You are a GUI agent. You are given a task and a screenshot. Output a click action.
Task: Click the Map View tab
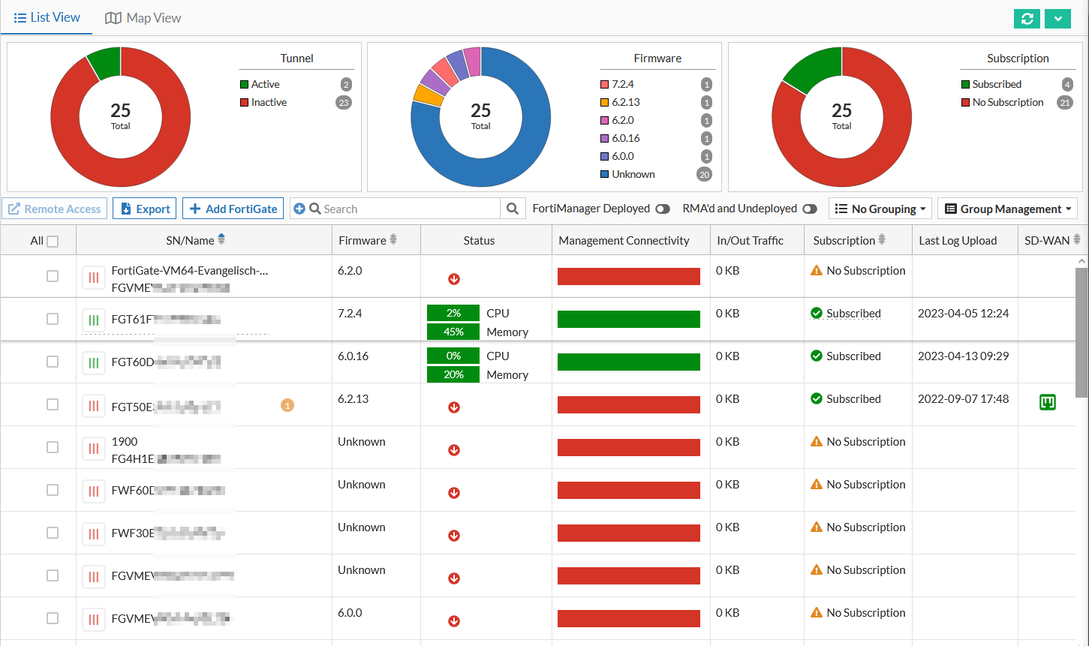point(143,18)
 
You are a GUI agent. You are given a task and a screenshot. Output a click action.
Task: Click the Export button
point(145,209)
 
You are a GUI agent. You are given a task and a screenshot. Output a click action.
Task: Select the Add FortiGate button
point(233,209)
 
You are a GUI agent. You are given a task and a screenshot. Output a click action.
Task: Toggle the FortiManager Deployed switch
point(662,209)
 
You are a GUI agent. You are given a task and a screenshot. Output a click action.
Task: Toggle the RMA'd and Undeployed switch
point(809,209)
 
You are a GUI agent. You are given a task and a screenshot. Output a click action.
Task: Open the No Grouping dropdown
point(880,209)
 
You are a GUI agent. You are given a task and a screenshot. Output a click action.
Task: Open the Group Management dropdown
point(1007,209)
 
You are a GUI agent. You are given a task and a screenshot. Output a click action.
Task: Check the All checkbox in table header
point(53,242)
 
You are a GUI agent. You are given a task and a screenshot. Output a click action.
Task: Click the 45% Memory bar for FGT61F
point(453,332)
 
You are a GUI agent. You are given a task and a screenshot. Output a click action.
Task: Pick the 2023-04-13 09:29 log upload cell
point(963,356)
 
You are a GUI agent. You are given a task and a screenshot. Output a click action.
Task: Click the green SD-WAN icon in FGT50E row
point(1047,403)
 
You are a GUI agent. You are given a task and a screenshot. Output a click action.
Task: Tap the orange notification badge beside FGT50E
point(287,405)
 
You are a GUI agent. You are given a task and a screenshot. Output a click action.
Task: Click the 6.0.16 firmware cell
point(353,356)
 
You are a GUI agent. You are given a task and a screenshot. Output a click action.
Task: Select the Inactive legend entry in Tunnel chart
point(269,103)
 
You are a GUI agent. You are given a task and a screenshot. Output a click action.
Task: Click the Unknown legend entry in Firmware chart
point(633,175)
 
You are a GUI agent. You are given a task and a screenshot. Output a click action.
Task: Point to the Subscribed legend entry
point(996,85)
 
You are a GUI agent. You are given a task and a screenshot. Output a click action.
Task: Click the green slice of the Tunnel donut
point(105,63)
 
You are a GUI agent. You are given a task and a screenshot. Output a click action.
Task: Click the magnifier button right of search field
point(512,209)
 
